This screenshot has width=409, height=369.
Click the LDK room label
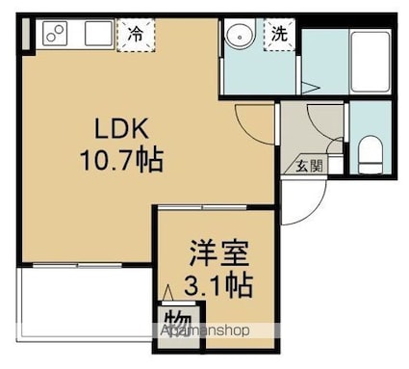pyautogui.click(x=121, y=128)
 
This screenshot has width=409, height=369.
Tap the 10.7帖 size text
pyautogui.click(x=121, y=160)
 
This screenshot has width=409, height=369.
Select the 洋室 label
pyautogui.click(x=219, y=253)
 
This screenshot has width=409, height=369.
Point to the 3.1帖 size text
pyautogui.click(x=218, y=285)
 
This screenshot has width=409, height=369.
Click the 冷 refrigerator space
pyautogui.click(x=136, y=35)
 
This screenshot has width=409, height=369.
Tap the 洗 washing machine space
pyautogui.click(x=279, y=34)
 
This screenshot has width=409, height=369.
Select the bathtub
pyautogui.click(x=371, y=62)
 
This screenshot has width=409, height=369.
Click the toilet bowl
pyautogui.click(x=371, y=155)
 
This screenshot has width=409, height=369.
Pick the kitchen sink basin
pyautogui.click(x=99, y=34)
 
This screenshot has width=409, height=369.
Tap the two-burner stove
pyautogui.click(x=55, y=34)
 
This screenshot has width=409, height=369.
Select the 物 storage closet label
pyautogui.click(x=178, y=322)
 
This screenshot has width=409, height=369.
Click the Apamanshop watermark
pyautogui.click(x=205, y=330)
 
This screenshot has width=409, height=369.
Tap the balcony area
pyautogui.click(x=86, y=302)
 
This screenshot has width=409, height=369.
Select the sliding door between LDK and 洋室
pyautogui.click(x=203, y=208)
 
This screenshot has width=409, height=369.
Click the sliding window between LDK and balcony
pyautogui.click(x=77, y=265)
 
